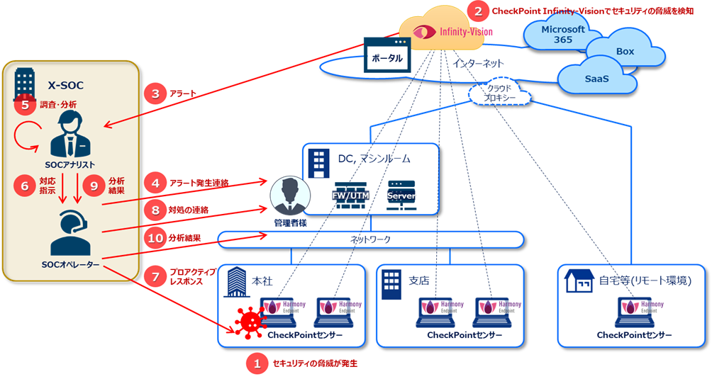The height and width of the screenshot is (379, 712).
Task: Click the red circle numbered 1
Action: [255, 363]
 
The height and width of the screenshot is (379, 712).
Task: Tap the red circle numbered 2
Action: [479, 11]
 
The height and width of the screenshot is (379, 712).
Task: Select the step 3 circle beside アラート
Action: [155, 93]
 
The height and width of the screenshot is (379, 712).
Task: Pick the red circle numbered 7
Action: [155, 276]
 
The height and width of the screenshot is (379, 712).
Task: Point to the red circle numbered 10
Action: [155, 238]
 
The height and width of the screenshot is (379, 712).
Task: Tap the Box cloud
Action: [624, 52]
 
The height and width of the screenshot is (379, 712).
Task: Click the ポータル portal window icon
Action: [387, 55]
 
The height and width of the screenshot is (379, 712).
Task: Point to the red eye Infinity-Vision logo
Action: [425, 32]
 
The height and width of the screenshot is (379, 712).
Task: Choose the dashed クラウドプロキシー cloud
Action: [501, 92]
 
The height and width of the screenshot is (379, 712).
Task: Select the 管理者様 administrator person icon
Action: [289, 196]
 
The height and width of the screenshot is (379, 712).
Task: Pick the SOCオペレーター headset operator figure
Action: [69, 234]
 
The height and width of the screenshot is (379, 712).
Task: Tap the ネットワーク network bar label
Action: [370, 240]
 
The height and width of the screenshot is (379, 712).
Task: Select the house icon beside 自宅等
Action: [579, 281]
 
